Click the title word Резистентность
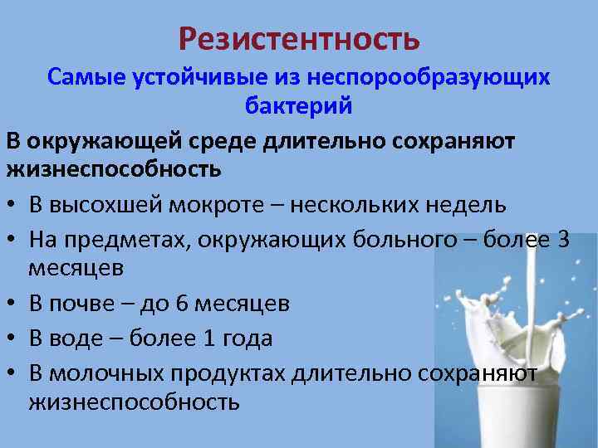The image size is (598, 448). (299, 37)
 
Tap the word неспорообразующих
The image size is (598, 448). (429, 77)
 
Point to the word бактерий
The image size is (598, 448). (299, 107)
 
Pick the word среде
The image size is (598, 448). (218, 140)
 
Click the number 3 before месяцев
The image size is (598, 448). (563, 240)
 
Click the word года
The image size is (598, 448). (243, 338)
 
